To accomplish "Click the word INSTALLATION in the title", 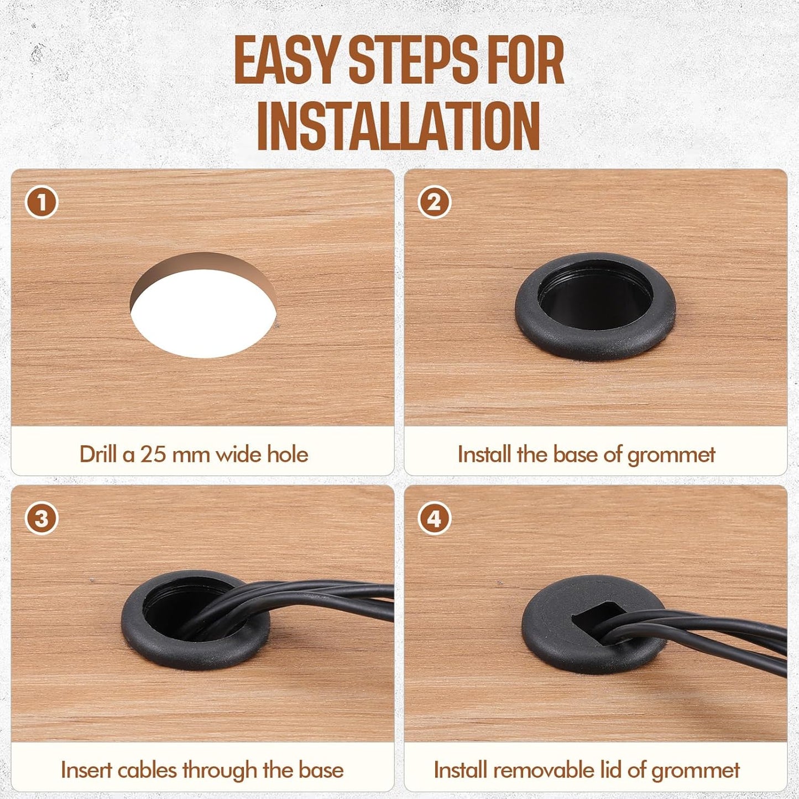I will pos(399,125).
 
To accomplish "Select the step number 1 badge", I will pos(41,202).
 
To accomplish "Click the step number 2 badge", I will pos(434,202).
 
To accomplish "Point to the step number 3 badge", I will pos(41,519).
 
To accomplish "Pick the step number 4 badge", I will pos(434,519).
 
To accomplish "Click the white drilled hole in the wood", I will pos(202,321).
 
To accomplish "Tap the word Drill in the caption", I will pos(100,455).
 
